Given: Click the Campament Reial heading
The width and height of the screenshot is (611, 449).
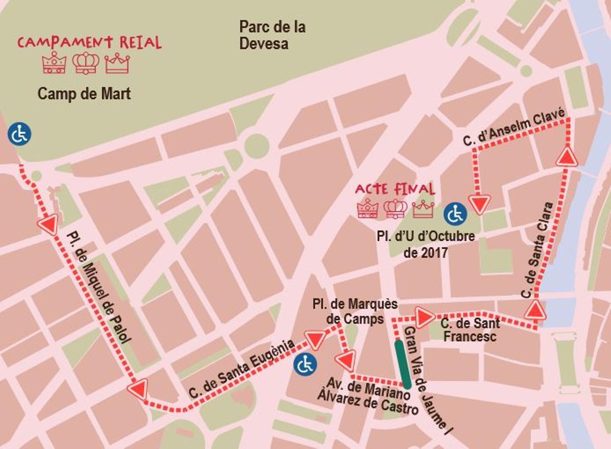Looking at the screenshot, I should (89, 42).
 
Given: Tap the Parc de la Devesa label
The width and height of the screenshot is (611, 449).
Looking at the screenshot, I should (272, 35).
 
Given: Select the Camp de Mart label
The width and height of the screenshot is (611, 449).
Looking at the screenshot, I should (85, 94).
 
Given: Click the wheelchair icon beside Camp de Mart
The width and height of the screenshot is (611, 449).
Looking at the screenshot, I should (20, 134).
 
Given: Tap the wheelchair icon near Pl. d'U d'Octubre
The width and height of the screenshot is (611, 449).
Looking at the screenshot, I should (455, 214).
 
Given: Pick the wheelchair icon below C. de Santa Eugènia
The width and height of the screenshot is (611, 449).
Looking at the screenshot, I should (305, 364).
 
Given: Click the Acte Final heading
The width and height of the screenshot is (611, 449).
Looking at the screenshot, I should (395, 189).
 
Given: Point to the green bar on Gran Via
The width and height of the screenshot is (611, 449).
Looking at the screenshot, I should (403, 363).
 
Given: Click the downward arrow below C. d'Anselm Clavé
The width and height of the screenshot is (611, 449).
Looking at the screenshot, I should (479, 204).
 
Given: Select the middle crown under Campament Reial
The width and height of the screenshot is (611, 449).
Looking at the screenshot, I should (86, 63).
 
